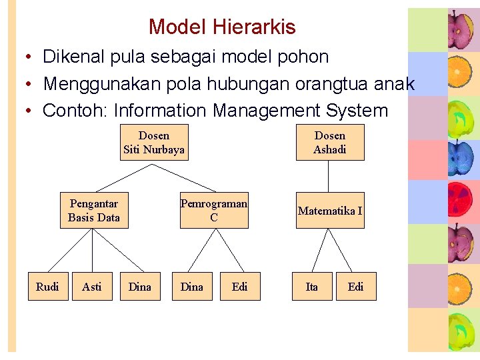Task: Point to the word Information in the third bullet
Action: [x=160, y=110]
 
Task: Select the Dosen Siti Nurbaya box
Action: [x=154, y=142]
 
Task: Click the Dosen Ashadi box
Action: [x=330, y=142]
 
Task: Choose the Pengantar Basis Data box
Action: [x=94, y=211]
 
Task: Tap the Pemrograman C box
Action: [x=213, y=211]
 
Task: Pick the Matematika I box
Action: [x=330, y=211]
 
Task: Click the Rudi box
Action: [x=47, y=287]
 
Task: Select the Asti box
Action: [x=92, y=287]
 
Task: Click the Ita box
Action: [x=311, y=287]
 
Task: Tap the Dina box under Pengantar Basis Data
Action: [x=140, y=287]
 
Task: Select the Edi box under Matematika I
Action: [x=356, y=287]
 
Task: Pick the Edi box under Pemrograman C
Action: [x=240, y=287]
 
